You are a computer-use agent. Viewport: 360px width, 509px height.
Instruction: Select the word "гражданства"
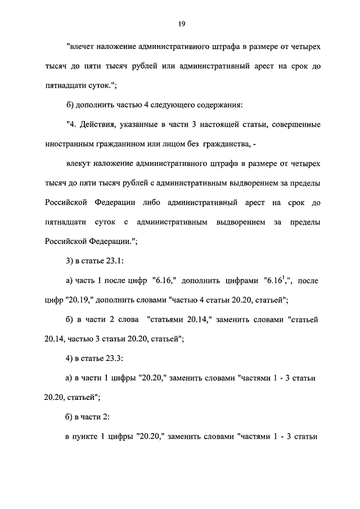pyautogui.click(x=226, y=145)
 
